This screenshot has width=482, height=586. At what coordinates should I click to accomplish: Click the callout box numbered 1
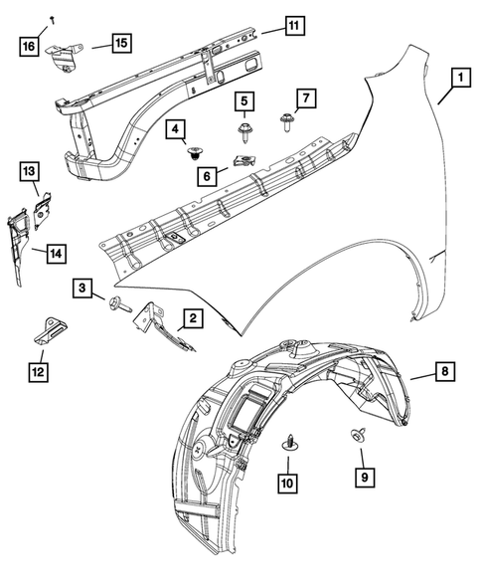point(460,75)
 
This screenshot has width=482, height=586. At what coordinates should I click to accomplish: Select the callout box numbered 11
point(293,27)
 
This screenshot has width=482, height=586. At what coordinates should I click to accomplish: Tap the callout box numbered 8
point(445,372)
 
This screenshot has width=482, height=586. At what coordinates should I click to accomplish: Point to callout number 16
point(30,45)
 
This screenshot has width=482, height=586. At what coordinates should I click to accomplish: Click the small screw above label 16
point(49,20)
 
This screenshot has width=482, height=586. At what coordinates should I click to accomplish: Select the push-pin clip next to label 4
point(196,152)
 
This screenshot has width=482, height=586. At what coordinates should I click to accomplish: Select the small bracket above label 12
point(47,330)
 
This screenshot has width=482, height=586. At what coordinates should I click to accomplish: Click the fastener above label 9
point(357,435)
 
